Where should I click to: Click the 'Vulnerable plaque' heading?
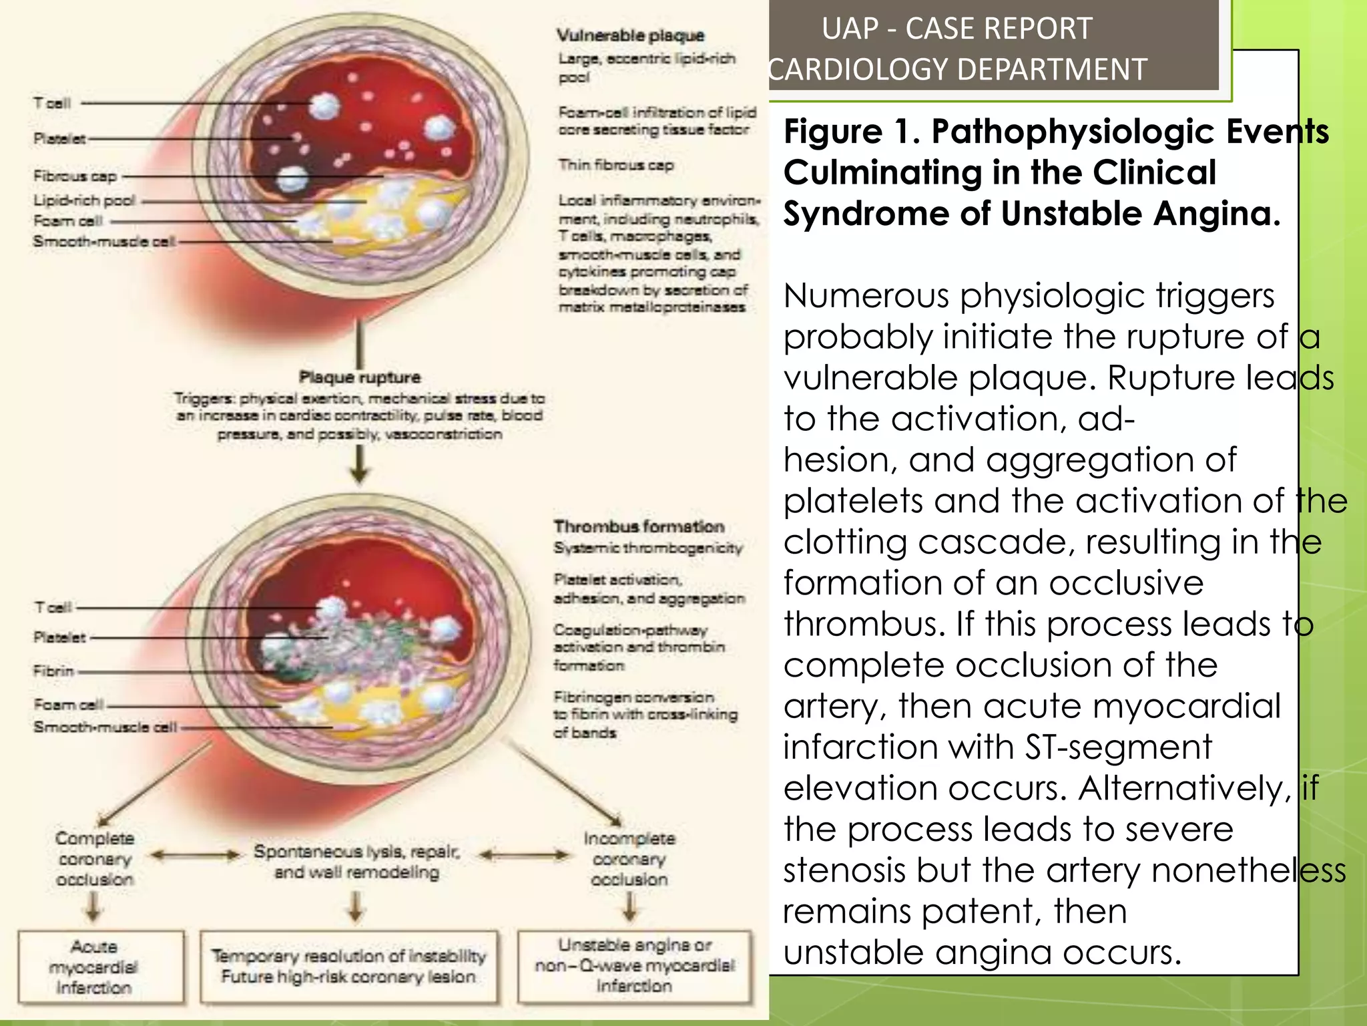(630, 35)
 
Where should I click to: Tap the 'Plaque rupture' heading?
(359, 377)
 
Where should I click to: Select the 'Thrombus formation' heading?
(639, 526)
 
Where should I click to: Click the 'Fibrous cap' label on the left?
(75, 176)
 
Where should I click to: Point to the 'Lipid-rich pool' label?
(84, 200)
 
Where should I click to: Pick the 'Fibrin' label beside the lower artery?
(53, 671)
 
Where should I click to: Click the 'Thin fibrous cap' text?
(616, 165)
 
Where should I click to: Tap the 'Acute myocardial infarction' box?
(94, 967)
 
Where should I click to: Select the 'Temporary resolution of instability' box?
(348, 967)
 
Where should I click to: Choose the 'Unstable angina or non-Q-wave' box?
(634, 965)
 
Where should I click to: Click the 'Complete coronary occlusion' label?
(95, 858)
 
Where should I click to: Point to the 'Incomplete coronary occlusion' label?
(629, 858)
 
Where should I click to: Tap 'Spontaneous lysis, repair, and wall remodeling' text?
(357, 862)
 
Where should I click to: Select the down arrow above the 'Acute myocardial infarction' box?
(94, 907)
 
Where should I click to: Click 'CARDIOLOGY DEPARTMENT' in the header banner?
(957, 69)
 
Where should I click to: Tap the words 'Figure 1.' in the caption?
(852, 132)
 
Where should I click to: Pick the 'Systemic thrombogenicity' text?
(647, 548)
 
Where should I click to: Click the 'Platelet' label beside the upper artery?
(59, 139)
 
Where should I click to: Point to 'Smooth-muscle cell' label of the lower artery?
(105, 727)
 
